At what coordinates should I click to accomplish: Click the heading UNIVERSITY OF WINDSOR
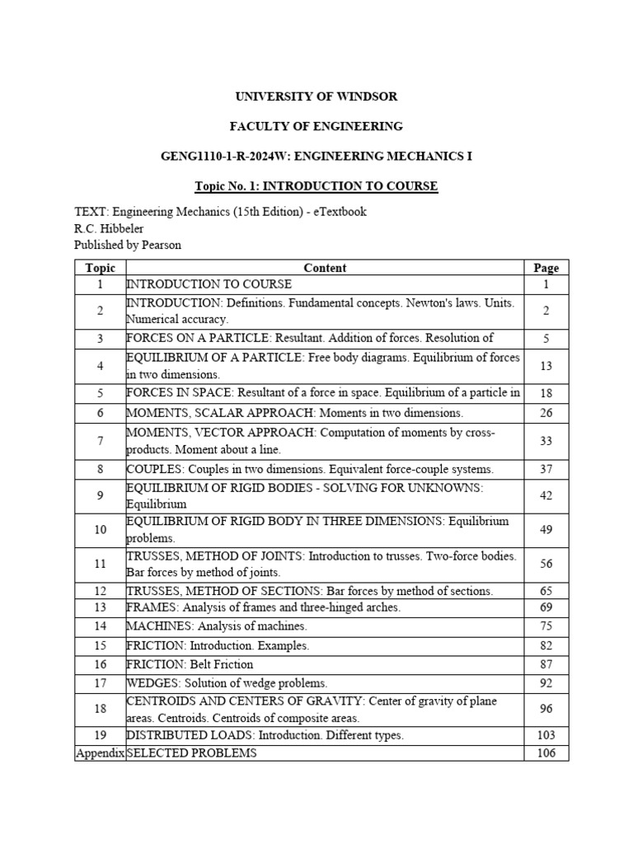click(x=316, y=96)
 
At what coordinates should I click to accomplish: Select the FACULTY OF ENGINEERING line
click(x=316, y=126)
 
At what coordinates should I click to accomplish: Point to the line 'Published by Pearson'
click(x=127, y=245)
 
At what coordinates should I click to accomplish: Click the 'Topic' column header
click(x=100, y=268)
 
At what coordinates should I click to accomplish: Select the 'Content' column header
click(x=325, y=268)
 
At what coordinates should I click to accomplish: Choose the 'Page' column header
click(x=546, y=268)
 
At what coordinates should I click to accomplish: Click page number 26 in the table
click(x=546, y=413)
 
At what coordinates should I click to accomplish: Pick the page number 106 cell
click(x=546, y=753)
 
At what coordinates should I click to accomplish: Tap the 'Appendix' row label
click(x=100, y=753)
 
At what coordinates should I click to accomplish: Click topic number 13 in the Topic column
click(x=100, y=607)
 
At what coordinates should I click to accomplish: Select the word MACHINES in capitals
click(x=152, y=626)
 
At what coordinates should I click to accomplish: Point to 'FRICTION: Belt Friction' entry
click(x=190, y=664)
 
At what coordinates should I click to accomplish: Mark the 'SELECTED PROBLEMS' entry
click(x=191, y=753)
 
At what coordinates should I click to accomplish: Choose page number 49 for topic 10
click(x=546, y=530)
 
